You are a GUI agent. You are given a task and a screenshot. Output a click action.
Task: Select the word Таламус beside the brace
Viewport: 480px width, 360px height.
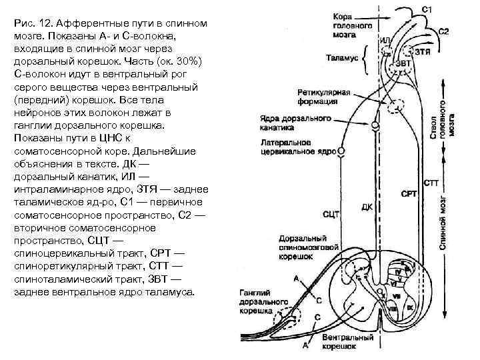(x=343, y=59)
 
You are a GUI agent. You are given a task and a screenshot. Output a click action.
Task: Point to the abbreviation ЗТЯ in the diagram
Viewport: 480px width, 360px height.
(x=422, y=50)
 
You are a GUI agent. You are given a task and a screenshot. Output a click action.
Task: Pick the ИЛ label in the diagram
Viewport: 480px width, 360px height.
(x=385, y=41)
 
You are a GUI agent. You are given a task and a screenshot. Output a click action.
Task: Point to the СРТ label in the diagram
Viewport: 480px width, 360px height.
(x=408, y=194)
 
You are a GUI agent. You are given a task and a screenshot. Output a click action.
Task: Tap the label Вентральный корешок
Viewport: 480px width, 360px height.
(x=347, y=342)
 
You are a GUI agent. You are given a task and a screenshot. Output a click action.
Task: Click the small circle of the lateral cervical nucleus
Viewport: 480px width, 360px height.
(x=342, y=151)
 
